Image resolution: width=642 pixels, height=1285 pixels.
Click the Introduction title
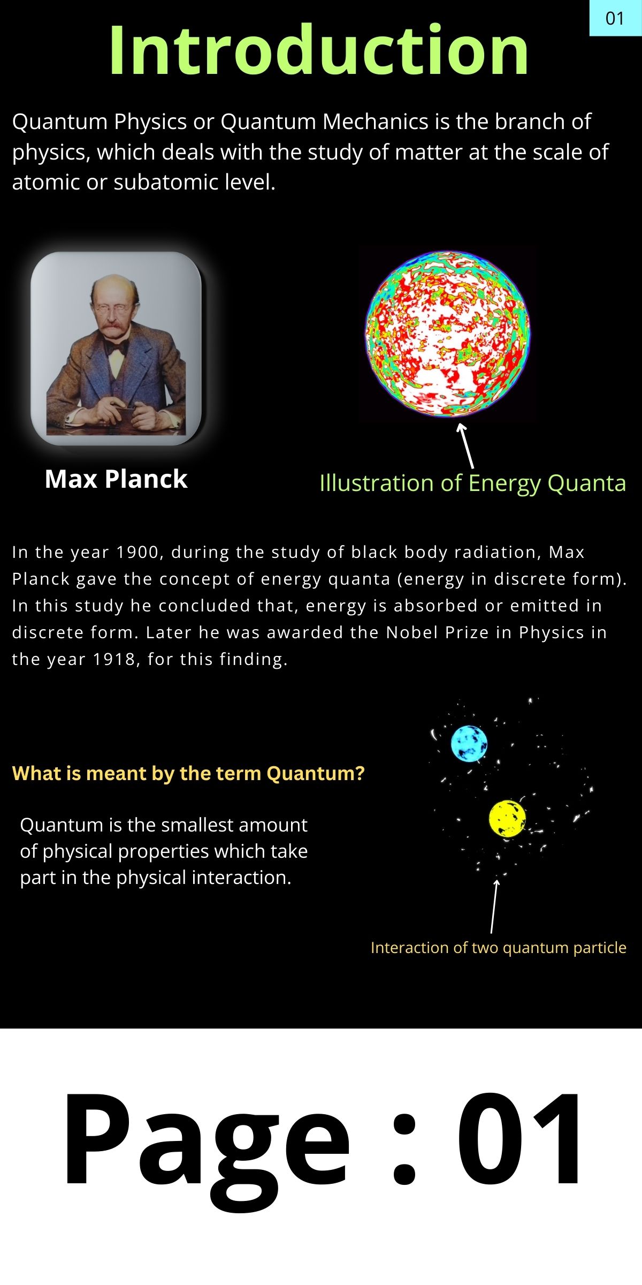[319, 50]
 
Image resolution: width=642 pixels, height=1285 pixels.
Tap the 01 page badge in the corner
[615, 18]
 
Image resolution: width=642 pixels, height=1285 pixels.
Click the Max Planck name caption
[116, 479]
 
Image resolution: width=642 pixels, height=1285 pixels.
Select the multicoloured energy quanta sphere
[447, 334]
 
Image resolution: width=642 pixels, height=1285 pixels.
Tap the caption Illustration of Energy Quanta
[472, 483]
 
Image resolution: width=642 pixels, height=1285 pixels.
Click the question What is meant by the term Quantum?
[188, 773]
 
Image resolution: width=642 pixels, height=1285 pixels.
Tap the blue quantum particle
[469, 744]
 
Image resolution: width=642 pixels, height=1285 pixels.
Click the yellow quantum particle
[507, 819]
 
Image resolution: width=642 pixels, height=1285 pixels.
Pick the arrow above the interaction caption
[494, 906]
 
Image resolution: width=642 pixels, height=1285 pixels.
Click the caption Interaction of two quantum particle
[499, 948]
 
